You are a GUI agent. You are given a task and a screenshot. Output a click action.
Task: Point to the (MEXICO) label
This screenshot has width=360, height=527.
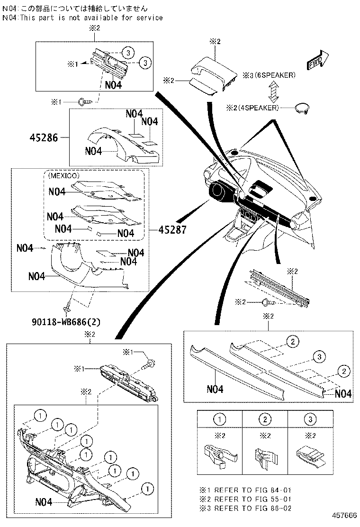63,175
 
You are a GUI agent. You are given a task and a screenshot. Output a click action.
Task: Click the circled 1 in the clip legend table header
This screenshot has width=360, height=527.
220,419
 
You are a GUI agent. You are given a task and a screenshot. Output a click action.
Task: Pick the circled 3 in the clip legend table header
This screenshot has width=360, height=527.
310,419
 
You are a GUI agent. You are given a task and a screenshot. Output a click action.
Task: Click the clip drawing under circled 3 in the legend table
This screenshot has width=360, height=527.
310,455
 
